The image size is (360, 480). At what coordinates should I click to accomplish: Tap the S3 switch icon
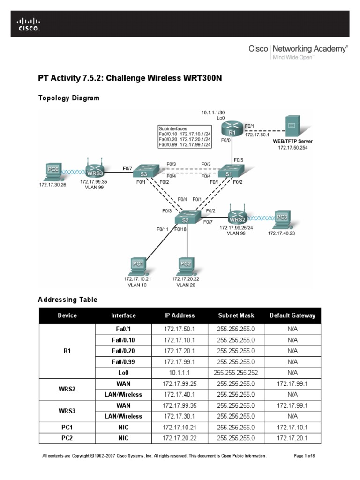[143, 172]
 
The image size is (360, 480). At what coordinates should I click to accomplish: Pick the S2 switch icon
[187, 217]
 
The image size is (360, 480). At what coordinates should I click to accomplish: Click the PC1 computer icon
[137, 266]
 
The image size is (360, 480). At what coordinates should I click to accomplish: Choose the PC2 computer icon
[186, 266]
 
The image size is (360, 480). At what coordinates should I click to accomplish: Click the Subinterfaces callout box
[185, 136]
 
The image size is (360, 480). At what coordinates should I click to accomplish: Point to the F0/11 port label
[163, 229]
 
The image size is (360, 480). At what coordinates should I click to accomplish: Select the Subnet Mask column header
[236, 315]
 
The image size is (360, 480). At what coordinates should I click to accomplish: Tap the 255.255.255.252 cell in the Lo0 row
[236, 373]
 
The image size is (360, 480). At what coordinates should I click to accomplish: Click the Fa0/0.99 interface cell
[123, 362]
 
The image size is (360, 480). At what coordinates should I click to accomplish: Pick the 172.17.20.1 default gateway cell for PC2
[292, 438]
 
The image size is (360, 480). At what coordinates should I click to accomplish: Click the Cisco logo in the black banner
[29, 24]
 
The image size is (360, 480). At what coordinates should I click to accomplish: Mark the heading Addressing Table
[67, 300]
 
